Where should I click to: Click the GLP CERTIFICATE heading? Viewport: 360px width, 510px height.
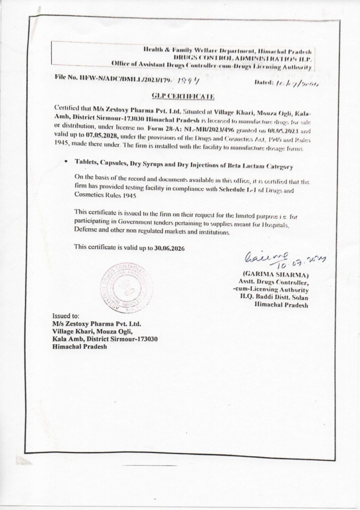(183, 97)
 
